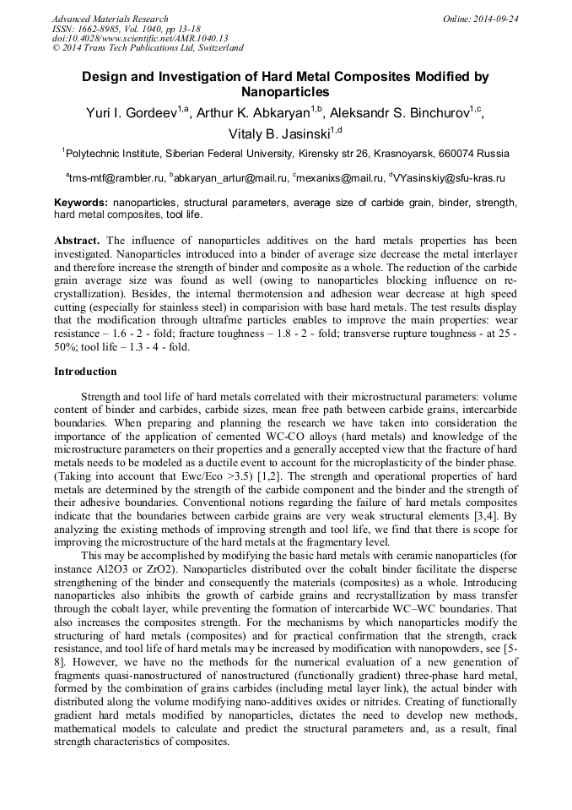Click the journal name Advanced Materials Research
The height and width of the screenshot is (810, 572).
point(110,19)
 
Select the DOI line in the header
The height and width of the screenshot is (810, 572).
point(140,38)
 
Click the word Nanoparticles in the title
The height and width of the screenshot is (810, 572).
point(285,92)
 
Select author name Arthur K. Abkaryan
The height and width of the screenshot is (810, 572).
point(254,113)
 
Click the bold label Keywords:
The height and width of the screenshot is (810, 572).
point(81,204)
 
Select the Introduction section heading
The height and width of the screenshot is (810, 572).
point(85,372)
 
